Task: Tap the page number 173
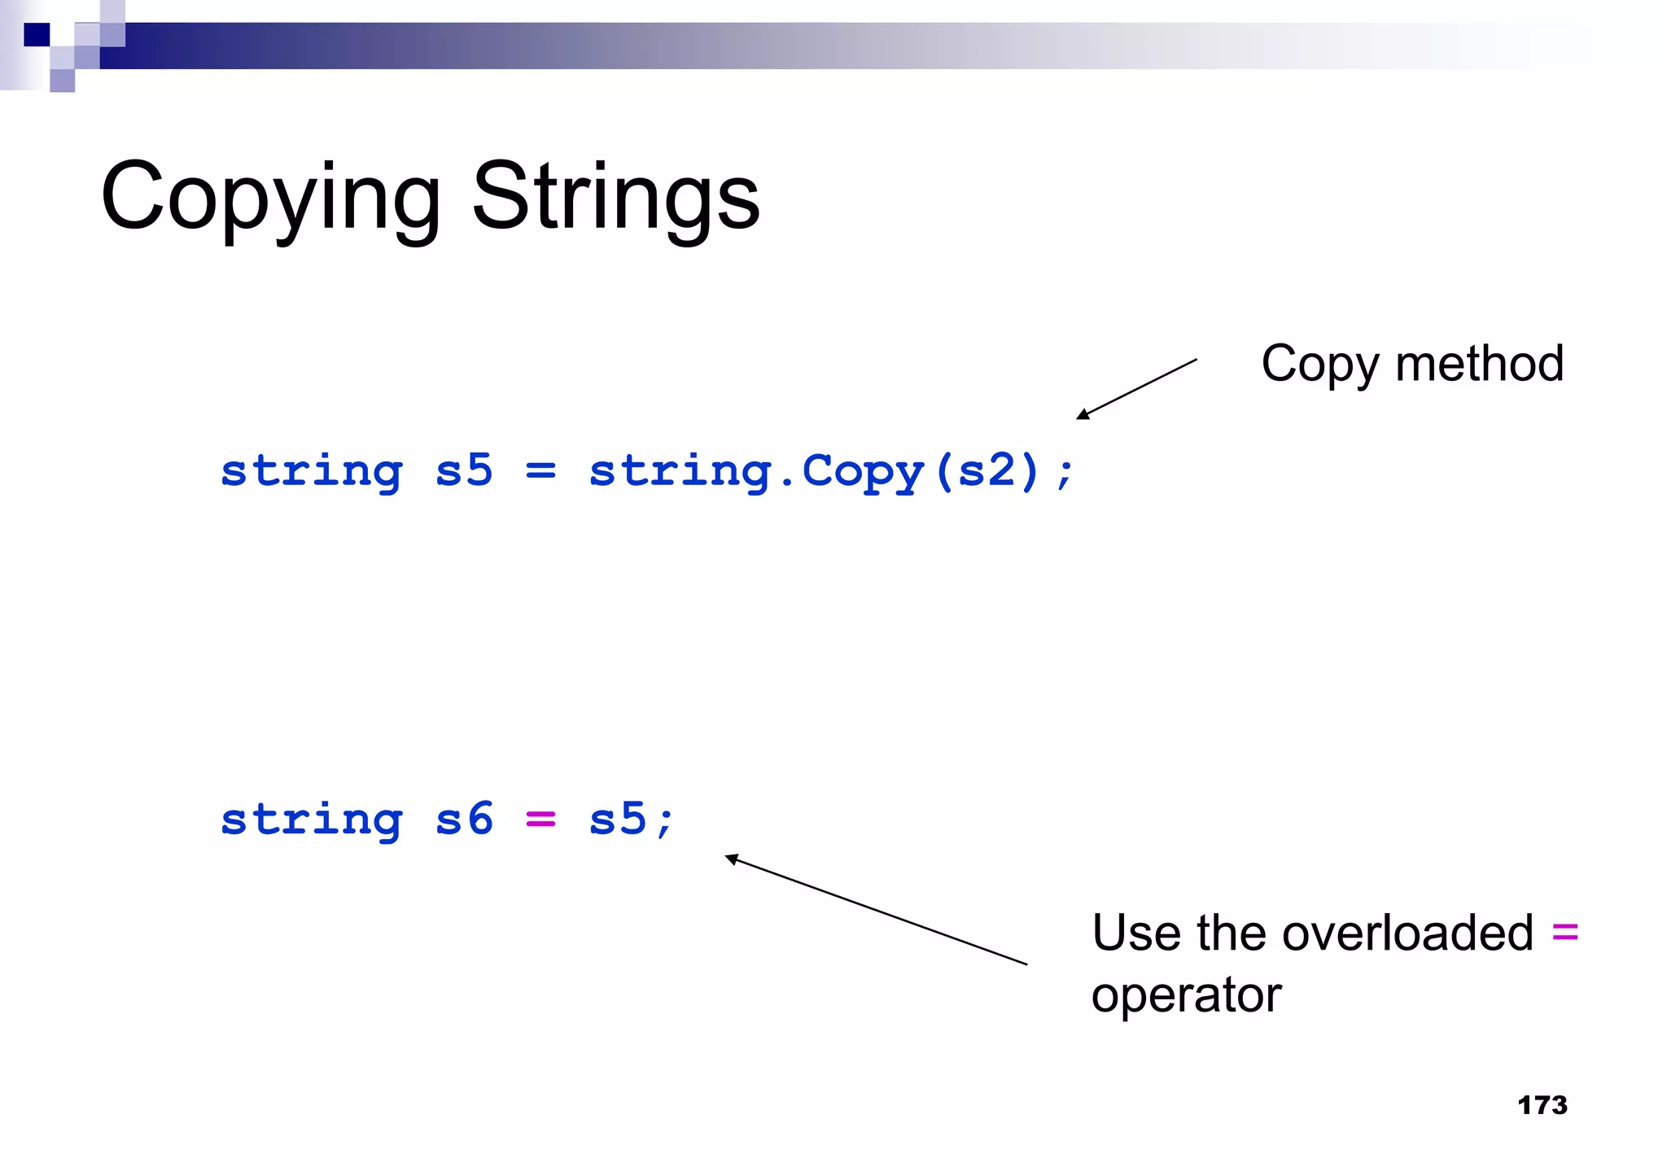click(1542, 1104)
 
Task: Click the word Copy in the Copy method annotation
click(1319, 365)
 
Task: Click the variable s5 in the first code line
click(464, 471)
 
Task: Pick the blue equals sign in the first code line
click(540, 471)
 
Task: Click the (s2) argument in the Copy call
click(987, 471)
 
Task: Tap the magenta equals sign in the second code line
click(540, 820)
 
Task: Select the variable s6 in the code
click(464, 820)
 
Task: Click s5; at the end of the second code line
click(632, 820)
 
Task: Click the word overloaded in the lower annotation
click(1407, 933)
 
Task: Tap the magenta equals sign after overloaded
click(1564, 933)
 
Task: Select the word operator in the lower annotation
click(1186, 995)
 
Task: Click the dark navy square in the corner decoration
click(37, 35)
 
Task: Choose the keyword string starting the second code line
click(312, 820)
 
